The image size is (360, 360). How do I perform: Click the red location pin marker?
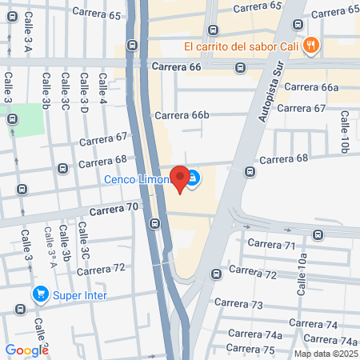[181, 178]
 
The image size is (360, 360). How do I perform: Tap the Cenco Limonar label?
[138, 179]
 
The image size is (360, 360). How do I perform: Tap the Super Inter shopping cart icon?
[39, 294]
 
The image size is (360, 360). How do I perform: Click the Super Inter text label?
[80, 295]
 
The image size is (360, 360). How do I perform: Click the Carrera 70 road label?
[115, 209]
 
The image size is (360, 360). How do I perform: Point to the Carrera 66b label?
[182, 115]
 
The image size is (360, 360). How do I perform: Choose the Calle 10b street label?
[344, 131]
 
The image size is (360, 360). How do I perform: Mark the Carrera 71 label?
[272, 244]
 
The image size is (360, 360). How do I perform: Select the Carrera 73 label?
[246, 305]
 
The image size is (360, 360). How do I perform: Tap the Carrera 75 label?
[250, 348]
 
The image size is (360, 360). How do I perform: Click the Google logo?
[26, 350]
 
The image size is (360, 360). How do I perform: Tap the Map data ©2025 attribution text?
[325, 354]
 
